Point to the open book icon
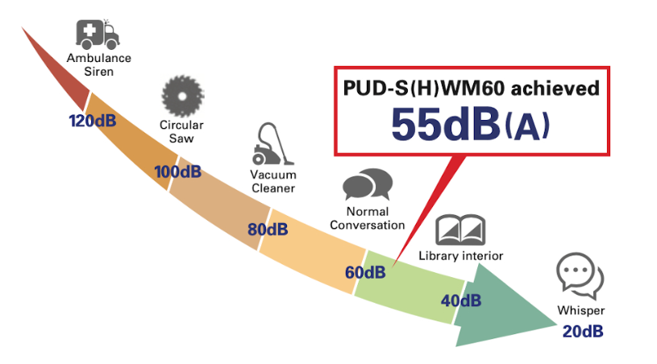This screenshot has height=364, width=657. (460, 230)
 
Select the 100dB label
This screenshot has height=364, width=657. (177, 172)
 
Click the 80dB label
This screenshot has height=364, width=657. (268, 230)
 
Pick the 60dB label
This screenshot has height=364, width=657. (365, 272)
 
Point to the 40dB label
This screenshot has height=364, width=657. (461, 300)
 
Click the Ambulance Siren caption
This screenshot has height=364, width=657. (99, 64)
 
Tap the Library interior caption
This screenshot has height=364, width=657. (460, 256)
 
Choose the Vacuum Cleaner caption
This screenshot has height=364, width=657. (272, 181)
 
